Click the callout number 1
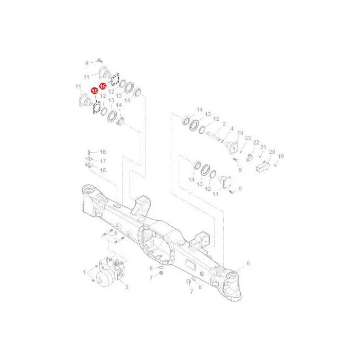pyautogui.click(x=84, y=272)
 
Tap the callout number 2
pyautogui.click(x=127, y=287)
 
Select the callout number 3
pyautogui.click(x=224, y=124)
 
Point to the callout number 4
pyautogui.click(x=232, y=129)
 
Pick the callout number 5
pyautogui.click(x=116, y=233)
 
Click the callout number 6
pyautogui.click(x=248, y=263)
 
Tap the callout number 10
pyautogui.click(x=240, y=133)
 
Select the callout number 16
pyautogui.click(x=103, y=152)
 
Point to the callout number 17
pyautogui.click(x=103, y=161)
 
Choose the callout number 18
pyautogui.click(x=103, y=170)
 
